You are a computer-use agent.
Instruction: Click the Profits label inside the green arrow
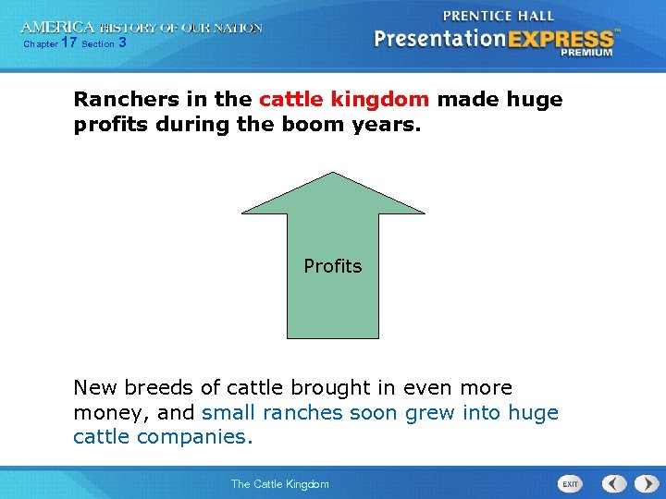pos(333,266)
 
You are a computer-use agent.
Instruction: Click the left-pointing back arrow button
pos(614,483)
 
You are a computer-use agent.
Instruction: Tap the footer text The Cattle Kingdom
pos(279,484)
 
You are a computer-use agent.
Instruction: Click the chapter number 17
pos(68,43)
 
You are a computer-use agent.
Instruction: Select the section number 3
pos(123,43)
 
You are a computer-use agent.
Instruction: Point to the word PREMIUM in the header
pos(586,54)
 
